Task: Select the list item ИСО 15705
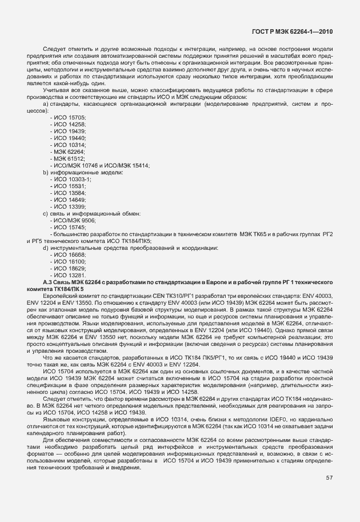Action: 69,117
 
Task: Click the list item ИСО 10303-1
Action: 71,180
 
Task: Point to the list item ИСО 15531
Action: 69,186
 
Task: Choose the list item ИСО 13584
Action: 69,193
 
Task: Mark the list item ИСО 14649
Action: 69,200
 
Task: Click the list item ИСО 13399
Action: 69,207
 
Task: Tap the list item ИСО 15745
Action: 69,228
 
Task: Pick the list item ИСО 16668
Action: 69,255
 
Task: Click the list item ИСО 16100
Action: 69,262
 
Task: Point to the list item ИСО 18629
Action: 69,269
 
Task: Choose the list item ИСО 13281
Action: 69,276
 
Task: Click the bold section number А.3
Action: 48,283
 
